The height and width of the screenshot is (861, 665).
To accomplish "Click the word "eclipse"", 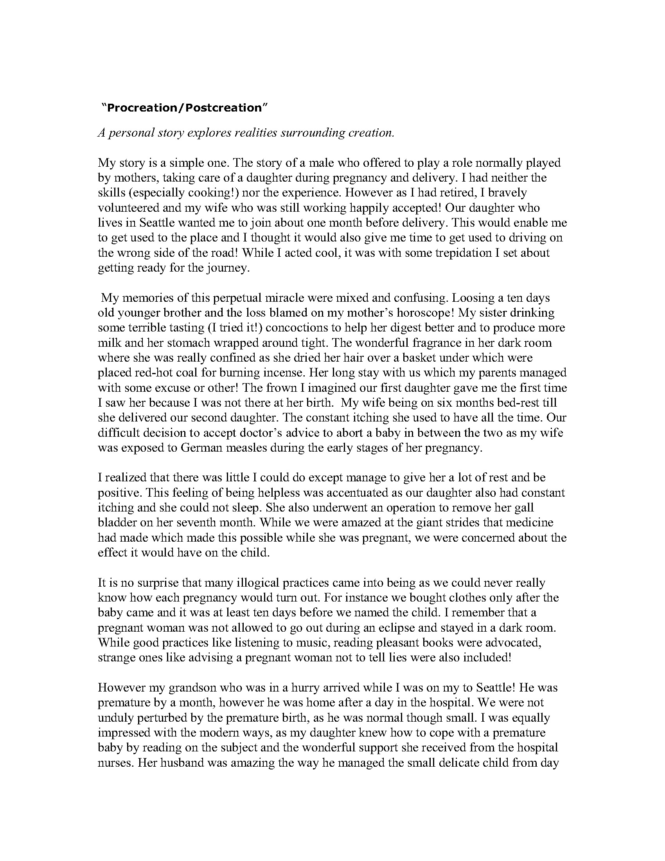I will tap(402, 627).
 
